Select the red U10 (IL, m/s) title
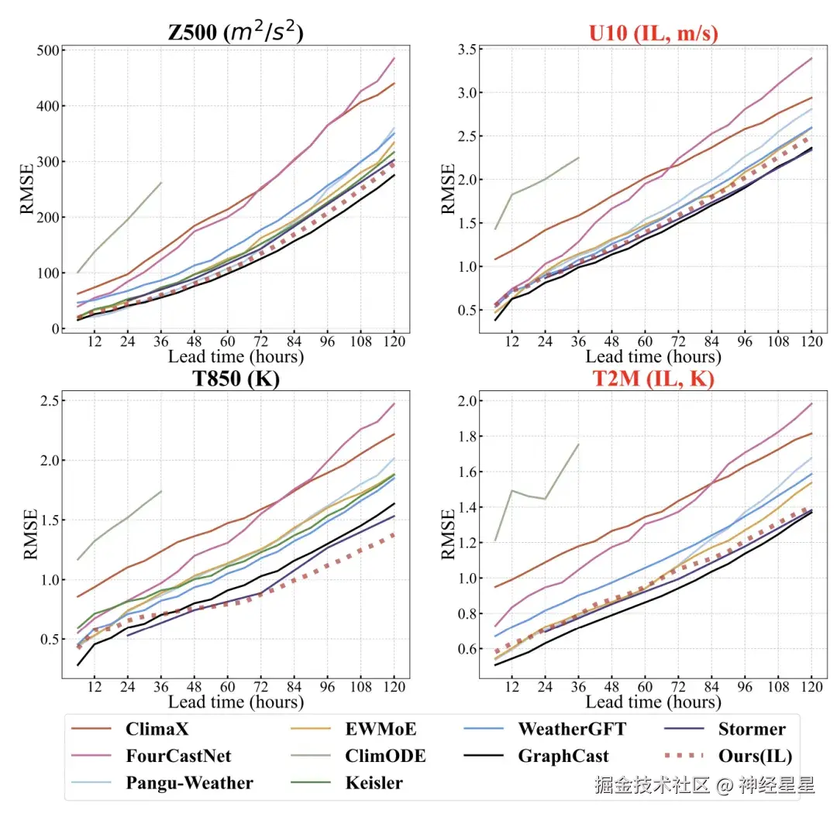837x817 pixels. (654, 33)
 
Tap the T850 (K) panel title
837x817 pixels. (236, 379)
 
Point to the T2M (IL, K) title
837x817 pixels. (654, 379)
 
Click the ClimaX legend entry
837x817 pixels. (157, 729)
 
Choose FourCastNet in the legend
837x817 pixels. (178, 756)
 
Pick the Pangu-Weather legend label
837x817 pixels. (189, 783)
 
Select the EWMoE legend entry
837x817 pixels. (381, 729)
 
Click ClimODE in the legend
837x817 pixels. (386, 756)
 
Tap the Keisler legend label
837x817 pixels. (374, 783)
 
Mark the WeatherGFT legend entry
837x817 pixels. (572, 729)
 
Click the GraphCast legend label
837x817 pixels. (563, 756)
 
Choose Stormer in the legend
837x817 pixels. (752, 729)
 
